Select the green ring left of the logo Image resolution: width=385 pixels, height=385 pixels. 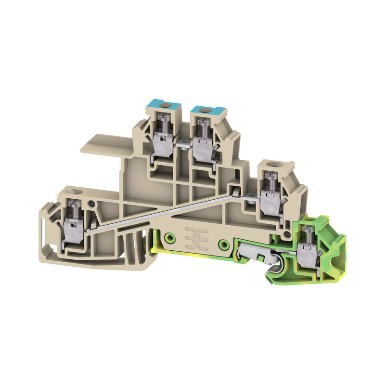[169, 238]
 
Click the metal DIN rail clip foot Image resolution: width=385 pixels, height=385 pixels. [248, 255]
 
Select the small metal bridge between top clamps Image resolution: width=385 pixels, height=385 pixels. [182, 143]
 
